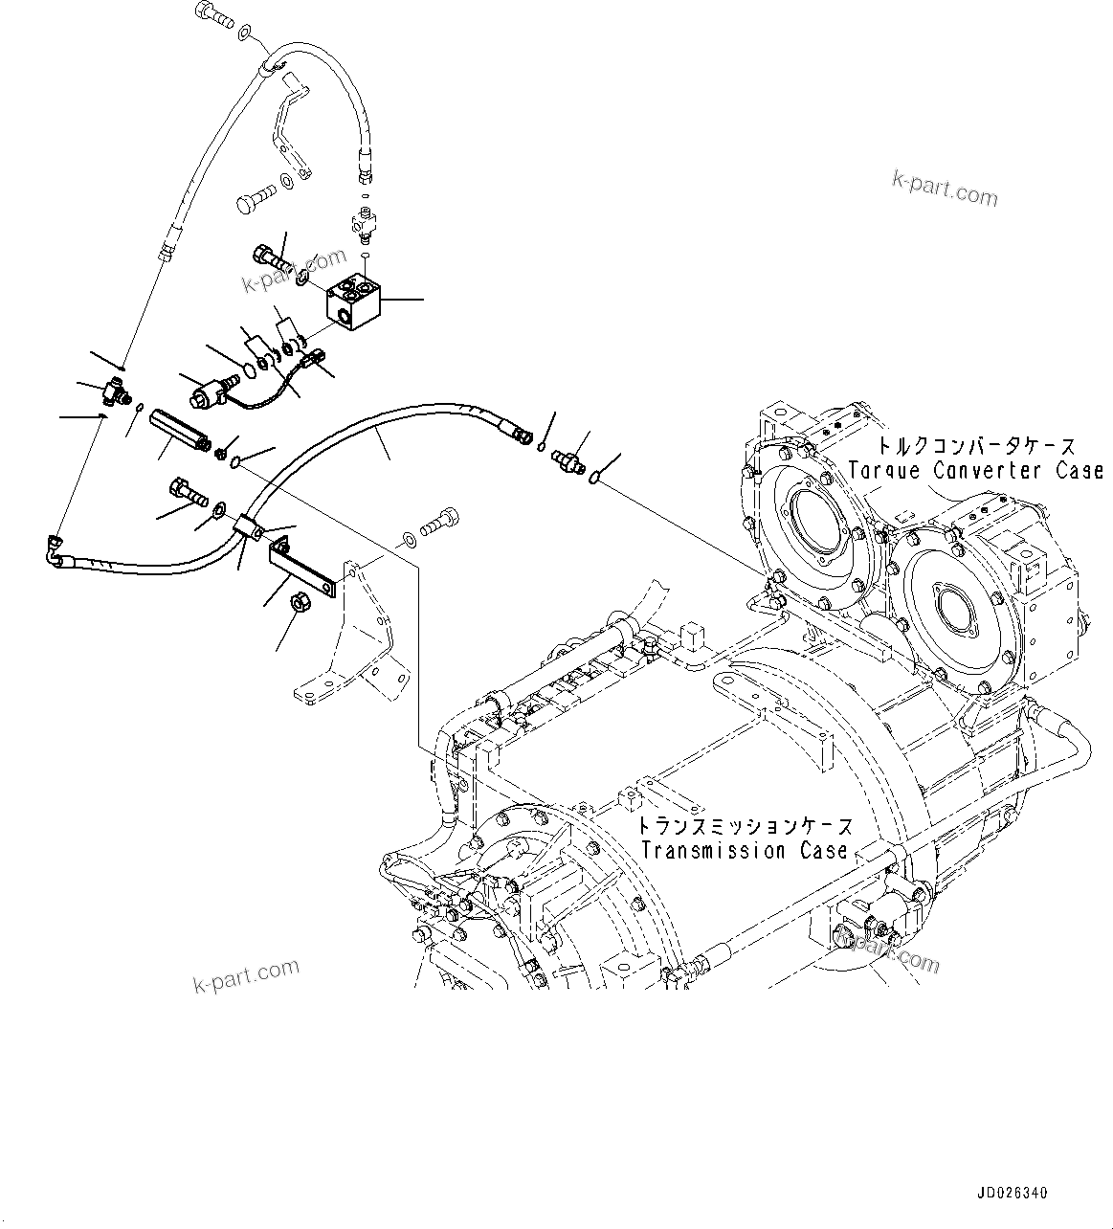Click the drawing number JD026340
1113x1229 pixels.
point(1013,1194)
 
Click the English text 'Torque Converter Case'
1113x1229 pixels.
point(976,471)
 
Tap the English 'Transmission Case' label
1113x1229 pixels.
point(744,850)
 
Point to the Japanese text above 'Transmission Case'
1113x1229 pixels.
point(744,825)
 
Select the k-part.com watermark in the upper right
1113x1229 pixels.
point(944,189)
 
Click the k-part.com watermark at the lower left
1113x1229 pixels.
point(246,975)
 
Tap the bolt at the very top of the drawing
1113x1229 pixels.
point(211,13)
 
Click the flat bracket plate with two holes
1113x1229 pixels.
point(301,567)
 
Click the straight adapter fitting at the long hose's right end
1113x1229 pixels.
point(568,460)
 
